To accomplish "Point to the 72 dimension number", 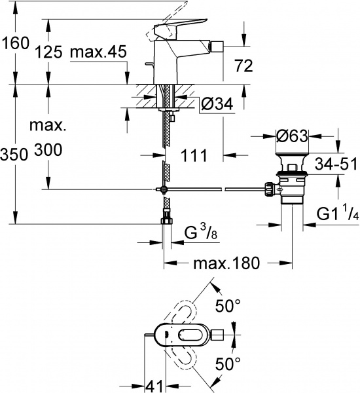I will (x=243, y=65).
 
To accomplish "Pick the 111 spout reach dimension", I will (x=193, y=155).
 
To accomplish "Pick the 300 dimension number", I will (x=48, y=151).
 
